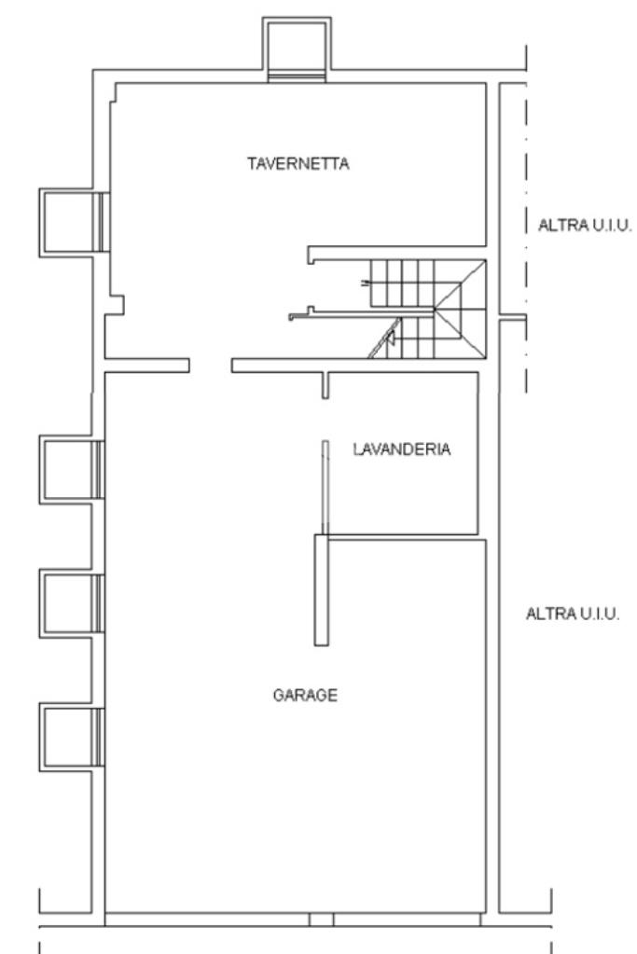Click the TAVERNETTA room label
[x=298, y=164]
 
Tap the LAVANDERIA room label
[x=402, y=449]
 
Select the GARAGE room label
[x=305, y=695]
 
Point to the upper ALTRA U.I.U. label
[x=585, y=225]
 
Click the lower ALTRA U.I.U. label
[x=573, y=614]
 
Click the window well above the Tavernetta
[x=297, y=48]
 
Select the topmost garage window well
[x=72, y=469]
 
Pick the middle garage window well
[x=72, y=603]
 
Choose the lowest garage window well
[x=72, y=737]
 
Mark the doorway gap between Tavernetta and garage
[x=211, y=365]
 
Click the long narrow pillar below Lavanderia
[x=321, y=589]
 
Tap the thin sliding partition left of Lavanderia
[x=325, y=488]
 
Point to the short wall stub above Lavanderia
[x=325, y=385]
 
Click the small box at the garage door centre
[x=321, y=919]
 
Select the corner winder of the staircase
[x=461, y=309]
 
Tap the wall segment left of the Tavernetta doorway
[x=146, y=365]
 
